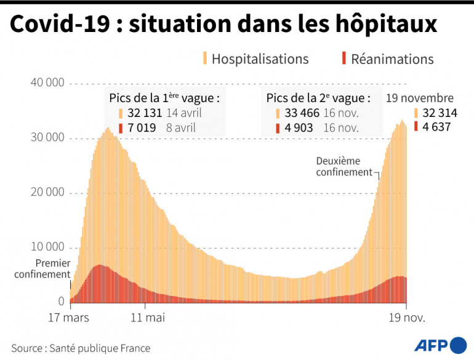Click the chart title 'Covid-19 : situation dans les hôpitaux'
click(x=223, y=25)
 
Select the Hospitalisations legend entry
click(x=259, y=59)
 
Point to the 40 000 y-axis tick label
click(x=47, y=83)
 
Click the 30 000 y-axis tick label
click(x=47, y=138)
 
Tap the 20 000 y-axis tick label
click(x=47, y=193)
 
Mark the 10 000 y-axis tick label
click(x=47, y=247)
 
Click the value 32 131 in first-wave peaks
click(x=143, y=113)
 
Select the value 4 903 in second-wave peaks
click(x=298, y=128)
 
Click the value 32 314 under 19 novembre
click(x=440, y=113)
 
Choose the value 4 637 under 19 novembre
click(x=436, y=127)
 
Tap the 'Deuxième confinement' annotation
click(x=344, y=166)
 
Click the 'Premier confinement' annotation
click(x=42, y=269)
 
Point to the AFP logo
click(x=441, y=345)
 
